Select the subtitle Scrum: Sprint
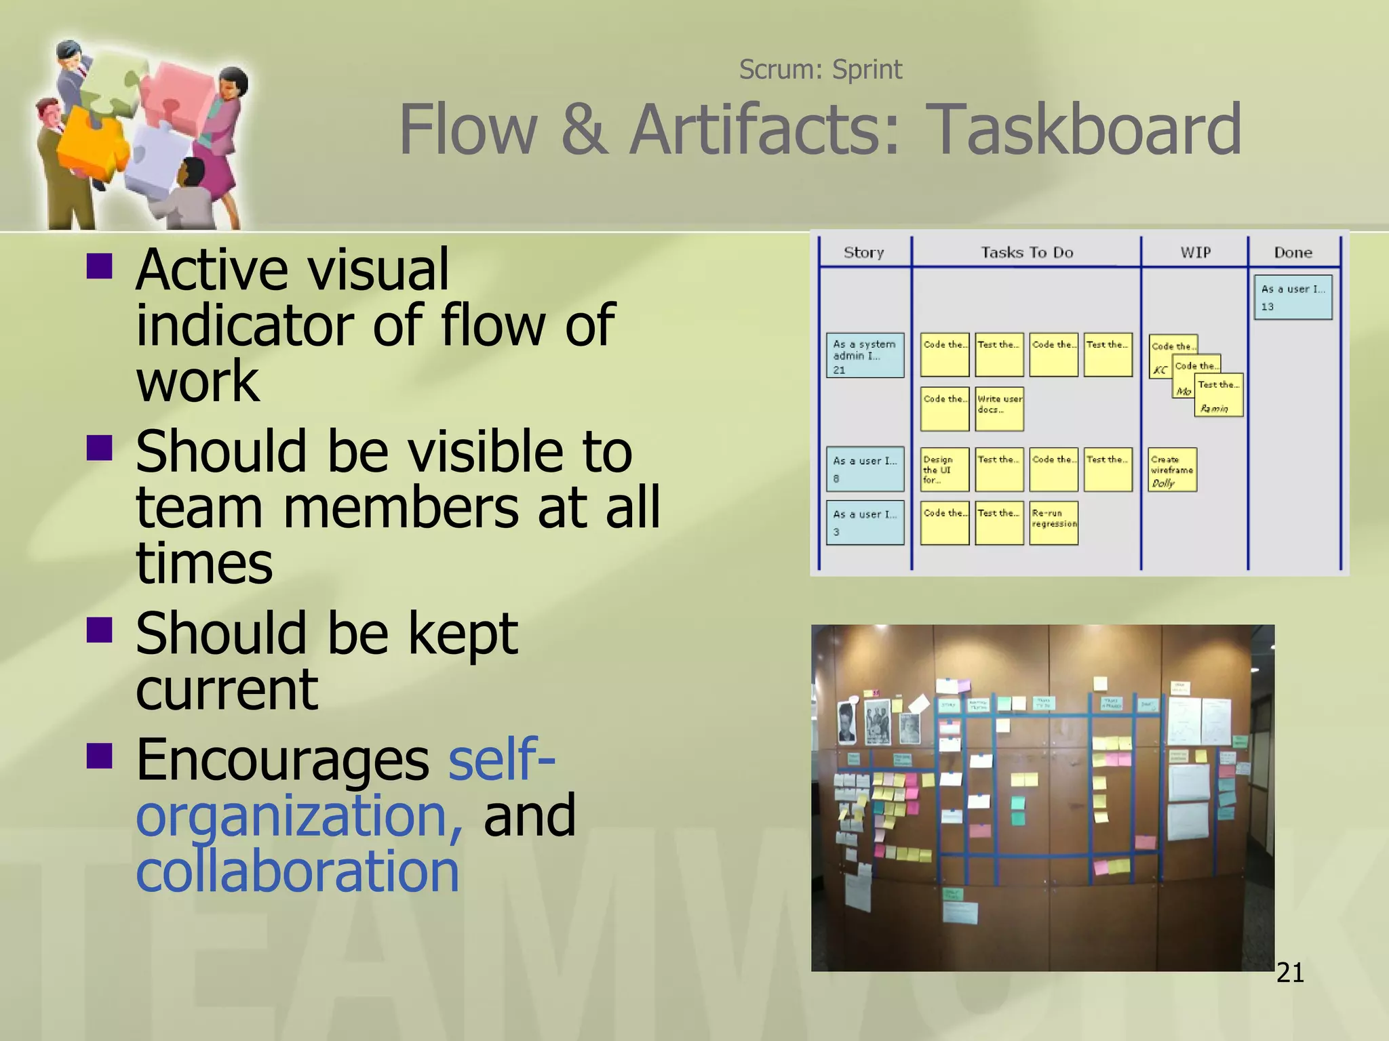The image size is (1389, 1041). pyautogui.click(x=820, y=69)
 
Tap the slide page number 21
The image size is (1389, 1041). pyautogui.click(x=1290, y=973)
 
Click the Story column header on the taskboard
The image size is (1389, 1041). pyautogui.click(x=863, y=252)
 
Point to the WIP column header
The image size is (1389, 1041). pyautogui.click(x=1195, y=252)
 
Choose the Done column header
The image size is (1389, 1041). pyautogui.click(x=1293, y=252)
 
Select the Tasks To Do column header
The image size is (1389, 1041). pyautogui.click(x=1027, y=252)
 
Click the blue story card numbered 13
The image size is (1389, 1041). pyautogui.click(x=1293, y=297)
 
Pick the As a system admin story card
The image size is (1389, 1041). pyautogui.click(x=865, y=355)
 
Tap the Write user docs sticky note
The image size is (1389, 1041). pyautogui.click(x=999, y=409)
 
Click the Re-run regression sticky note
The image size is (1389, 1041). pyautogui.click(x=1054, y=523)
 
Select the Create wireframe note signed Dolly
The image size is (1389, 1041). pyautogui.click(x=1172, y=470)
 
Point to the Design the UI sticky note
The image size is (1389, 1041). pyautogui.click(x=944, y=470)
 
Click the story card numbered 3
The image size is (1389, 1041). pyautogui.click(x=865, y=523)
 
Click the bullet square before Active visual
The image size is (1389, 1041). pyautogui.click(x=100, y=266)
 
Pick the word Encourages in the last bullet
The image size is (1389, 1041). pyautogui.click(x=282, y=760)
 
